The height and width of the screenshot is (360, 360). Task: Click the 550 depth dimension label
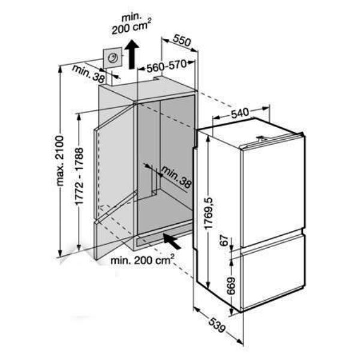pyautogui.click(x=182, y=41)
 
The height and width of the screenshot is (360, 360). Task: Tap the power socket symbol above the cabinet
pyautogui.click(x=112, y=58)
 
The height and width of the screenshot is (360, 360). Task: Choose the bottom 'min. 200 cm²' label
pyautogui.click(x=142, y=260)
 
